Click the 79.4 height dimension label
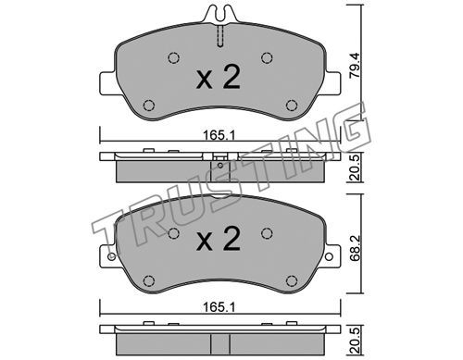click(x=355, y=66)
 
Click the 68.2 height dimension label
click(x=355, y=249)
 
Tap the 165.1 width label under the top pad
click(x=219, y=135)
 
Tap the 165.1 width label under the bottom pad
click(x=219, y=307)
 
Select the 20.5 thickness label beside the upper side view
click(x=356, y=168)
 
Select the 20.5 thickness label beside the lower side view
click(x=356, y=341)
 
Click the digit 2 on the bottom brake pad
click(x=231, y=238)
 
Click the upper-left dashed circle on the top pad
click(x=174, y=57)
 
